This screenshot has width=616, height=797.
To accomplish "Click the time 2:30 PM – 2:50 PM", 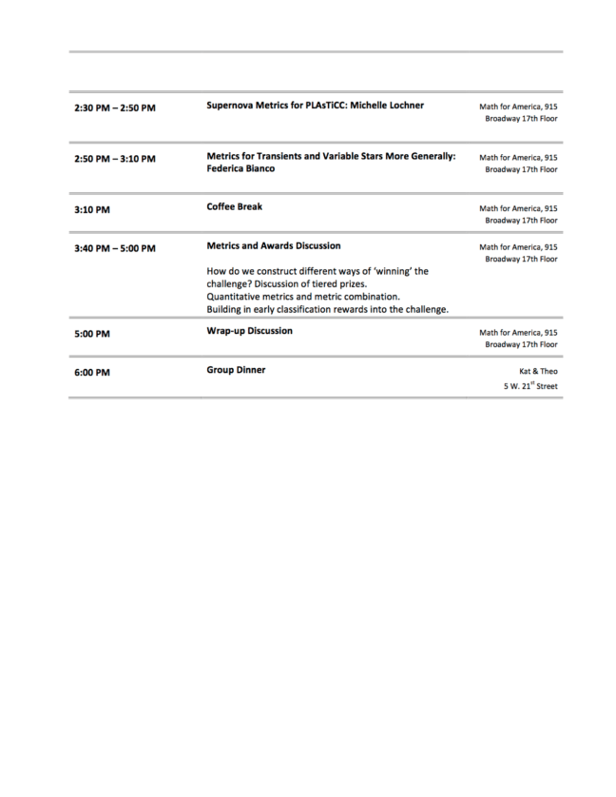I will click(x=114, y=108).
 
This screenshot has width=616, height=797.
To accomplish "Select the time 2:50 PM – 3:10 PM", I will click(x=114, y=159).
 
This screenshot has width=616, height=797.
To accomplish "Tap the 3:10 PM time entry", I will click(x=91, y=209).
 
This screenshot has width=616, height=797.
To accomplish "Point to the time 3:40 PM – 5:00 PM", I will click(x=114, y=248).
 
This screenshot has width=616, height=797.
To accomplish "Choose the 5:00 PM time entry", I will click(x=91, y=334).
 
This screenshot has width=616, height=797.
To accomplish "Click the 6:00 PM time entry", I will click(x=91, y=373).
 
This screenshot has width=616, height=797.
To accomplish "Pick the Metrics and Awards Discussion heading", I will click(x=273, y=245).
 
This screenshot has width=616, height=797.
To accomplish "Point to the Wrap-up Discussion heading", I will click(x=249, y=331).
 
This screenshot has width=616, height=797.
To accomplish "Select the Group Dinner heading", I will click(x=236, y=370).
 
